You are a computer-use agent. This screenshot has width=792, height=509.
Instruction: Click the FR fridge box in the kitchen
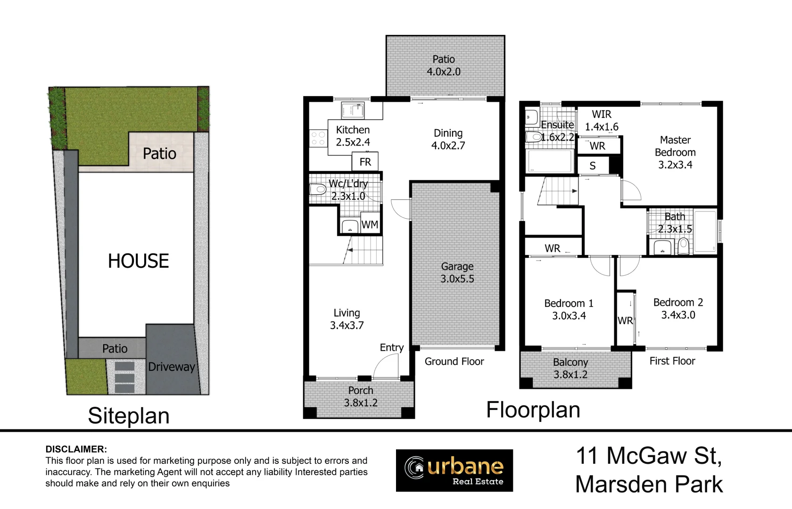click(365, 162)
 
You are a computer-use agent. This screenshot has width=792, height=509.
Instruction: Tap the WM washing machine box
click(370, 223)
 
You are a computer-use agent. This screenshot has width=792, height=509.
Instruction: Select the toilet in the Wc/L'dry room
click(318, 190)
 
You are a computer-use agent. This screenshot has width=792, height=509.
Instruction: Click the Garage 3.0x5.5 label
click(457, 272)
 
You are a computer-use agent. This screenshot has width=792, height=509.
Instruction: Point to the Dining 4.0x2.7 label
click(448, 140)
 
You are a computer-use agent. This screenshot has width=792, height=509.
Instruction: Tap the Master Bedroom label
click(675, 146)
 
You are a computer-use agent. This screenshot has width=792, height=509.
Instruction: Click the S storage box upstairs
click(593, 165)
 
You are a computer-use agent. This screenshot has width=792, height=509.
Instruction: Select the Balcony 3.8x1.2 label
click(570, 368)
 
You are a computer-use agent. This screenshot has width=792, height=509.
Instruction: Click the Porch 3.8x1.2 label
click(361, 396)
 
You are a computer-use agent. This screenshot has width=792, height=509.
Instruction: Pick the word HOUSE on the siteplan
click(138, 261)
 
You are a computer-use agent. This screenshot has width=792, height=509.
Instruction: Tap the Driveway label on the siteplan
click(172, 367)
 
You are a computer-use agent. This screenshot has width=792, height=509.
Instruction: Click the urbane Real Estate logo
click(454, 470)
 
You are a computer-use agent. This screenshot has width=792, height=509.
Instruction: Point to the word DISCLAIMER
click(76, 449)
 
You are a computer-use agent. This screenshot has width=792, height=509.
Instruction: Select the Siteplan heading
click(129, 416)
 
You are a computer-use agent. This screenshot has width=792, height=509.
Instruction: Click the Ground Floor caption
click(454, 361)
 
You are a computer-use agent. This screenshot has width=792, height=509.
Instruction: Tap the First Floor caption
click(672, 361)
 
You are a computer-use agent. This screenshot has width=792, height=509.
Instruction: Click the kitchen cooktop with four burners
click(318, 138)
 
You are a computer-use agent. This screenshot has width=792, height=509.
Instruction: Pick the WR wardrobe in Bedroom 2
click(625, 318)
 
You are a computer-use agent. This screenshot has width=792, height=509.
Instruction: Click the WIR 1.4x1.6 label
click(602, 121)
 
